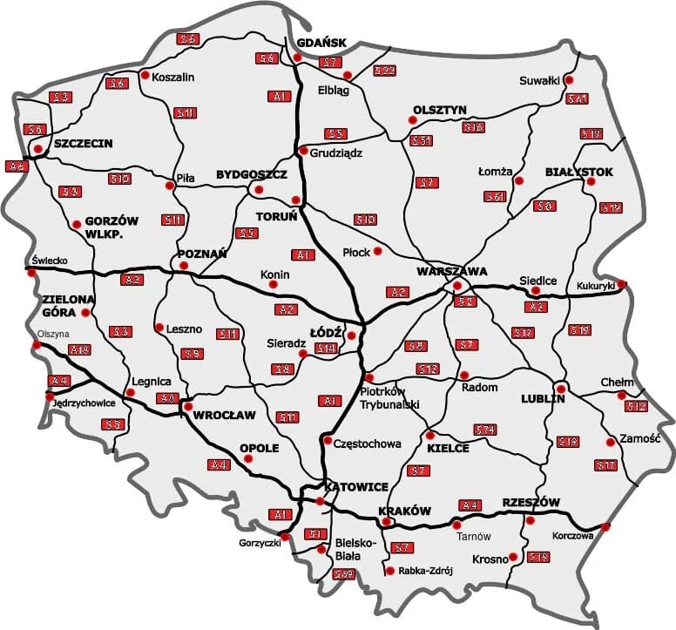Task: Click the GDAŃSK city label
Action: [x=321, y=43]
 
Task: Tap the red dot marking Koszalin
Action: [x=144, y=75]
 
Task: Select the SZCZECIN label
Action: [x=83, y=144]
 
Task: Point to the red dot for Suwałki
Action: [x=568, y=80]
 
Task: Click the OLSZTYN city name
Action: [x=440, y=109]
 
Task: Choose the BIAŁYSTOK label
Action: [x=579, y=173]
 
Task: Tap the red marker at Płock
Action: [x=378, y=252]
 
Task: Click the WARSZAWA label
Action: [x=451, y=271]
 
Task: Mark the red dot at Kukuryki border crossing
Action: [x=622, y=283]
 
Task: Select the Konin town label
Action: [x=274, y=275]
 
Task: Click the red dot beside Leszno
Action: [x=159, y=329]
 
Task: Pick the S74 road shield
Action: [x=485, y=430]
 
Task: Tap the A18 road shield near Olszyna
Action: [x=79, y=350]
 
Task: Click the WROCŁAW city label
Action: [x=225, y=414]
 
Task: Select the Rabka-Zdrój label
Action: [x=426, y=572]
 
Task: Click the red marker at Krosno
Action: [x=514, y=557]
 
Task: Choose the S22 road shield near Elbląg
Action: [x=384, y=70]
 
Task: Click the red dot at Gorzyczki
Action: [x=284, y=537]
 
